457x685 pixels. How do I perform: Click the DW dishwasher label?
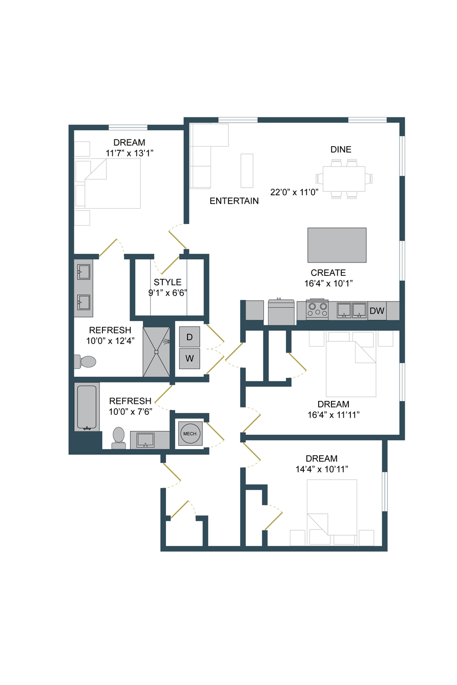coord(377,311)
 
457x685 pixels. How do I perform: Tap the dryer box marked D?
coord(190,337)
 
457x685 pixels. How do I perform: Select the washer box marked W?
coord(190,358)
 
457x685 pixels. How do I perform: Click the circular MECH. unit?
coord(190,433)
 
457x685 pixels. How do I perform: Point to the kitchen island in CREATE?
coord(337,245)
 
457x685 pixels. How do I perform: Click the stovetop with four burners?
coord(317,309)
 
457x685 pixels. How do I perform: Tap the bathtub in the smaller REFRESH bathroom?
coord(87,407)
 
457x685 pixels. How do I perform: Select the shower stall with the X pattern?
coord(156,352)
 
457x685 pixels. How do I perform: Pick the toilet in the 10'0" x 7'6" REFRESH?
coord(118,438)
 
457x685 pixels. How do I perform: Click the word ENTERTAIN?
coord(234,201)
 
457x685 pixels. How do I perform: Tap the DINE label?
coord(341,150)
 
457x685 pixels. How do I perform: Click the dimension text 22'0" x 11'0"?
coord(294,192)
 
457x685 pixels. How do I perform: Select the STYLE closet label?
coord(168,282)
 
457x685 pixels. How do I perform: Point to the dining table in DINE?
coord(344,179)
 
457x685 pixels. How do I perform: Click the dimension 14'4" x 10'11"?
coord(322,469)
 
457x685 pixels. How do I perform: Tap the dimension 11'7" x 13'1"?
coord(130,153)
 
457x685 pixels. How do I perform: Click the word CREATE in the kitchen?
coord(328,273)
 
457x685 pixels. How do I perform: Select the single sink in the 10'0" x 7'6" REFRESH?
coord(146,440)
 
